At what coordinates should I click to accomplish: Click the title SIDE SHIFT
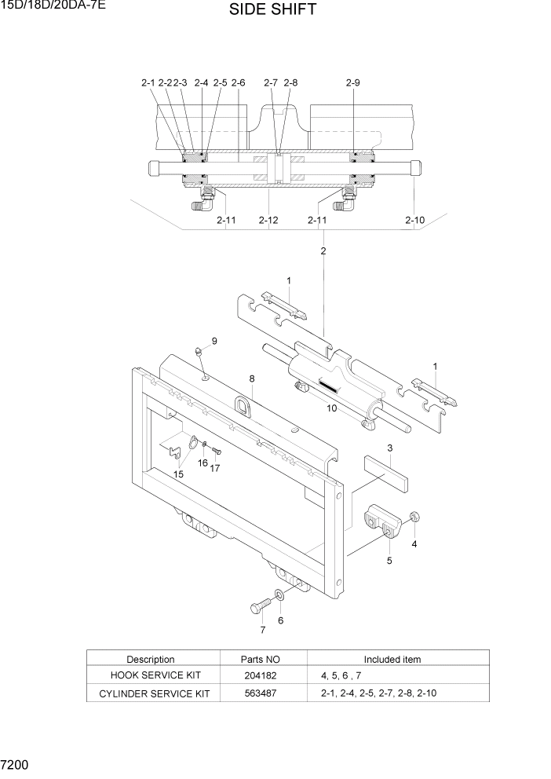(273, 10)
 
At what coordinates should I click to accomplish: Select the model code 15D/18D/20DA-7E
(54, 6)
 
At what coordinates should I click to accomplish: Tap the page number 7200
(16, 763)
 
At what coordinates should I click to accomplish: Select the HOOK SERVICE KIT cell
(151, 675)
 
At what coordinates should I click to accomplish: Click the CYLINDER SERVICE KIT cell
(151, 693)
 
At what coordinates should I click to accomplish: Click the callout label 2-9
(352, 82)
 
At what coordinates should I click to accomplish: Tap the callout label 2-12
(268, 221)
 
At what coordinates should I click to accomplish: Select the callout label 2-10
(414, 221)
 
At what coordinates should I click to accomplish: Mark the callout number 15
(179, 474)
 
